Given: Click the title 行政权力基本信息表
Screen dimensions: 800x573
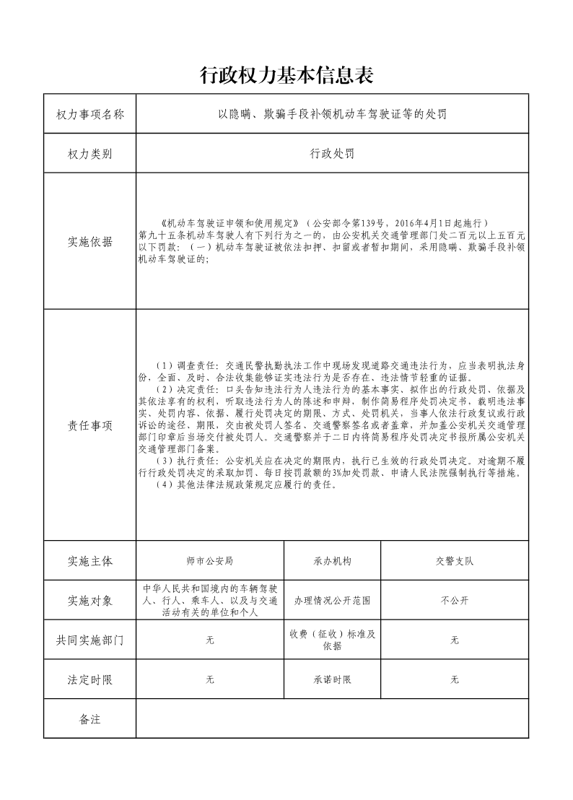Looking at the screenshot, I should coord(286,74).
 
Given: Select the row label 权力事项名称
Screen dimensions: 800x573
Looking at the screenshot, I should coord(89,114).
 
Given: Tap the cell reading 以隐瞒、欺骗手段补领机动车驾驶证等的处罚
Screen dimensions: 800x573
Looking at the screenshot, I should coord(333,114).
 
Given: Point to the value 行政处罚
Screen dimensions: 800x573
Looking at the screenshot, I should coord(332,154).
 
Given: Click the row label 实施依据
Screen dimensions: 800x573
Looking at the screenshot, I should coord(89,241).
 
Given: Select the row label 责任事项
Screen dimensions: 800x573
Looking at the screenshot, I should coord(89,425).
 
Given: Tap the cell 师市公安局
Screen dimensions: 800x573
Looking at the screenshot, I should coord(209,560).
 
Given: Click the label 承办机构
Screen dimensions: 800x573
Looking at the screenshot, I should coord(332,560).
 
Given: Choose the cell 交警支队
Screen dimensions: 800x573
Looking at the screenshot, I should coord(454,560).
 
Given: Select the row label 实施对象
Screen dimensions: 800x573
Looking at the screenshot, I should coord(89,600).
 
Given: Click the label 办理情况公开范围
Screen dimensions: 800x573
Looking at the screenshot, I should coord(332,600).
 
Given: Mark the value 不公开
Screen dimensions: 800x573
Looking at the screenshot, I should coord(454,600).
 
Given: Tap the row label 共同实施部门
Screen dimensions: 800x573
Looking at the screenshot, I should coord(89,640).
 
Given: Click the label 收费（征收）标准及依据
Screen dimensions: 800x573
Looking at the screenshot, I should coord(332,640).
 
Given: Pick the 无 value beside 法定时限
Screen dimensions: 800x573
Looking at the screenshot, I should coord(210,679).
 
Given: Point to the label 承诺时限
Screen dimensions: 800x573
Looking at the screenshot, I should coord(332,679).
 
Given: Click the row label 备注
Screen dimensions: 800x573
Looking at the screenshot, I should coord(89,719).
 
